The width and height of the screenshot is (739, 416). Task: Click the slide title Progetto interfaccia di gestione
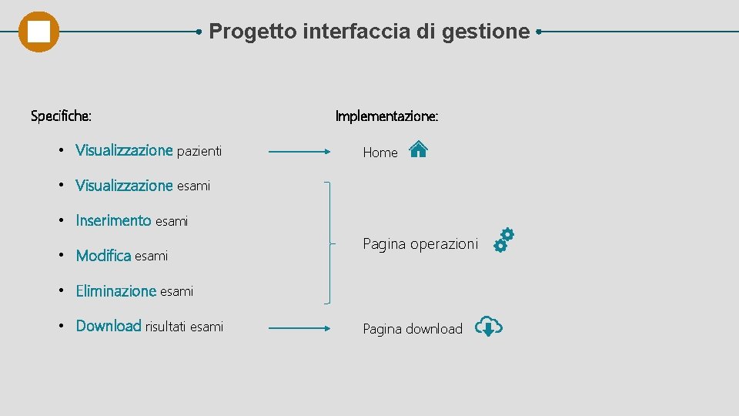tap(369, 32)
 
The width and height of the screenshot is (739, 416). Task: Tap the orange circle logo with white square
tap(38, 32)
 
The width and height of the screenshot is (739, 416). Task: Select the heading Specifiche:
tap(61, 116)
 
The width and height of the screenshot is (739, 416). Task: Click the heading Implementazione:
tap(386, 116)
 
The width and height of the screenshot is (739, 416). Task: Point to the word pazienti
tap(199, 151)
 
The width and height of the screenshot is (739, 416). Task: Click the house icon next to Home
tap(418, 149)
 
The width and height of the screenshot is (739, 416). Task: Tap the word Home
tap(380, 153)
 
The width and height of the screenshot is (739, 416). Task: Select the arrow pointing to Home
tap(299, 152)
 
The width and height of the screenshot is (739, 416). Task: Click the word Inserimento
tap(113, 221)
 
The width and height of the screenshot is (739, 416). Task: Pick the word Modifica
tap(103, 256)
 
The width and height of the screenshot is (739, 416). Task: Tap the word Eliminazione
tap(116, 291)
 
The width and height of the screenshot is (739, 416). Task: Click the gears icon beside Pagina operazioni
tap(503, 240)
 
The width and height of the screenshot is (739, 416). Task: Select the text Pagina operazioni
tap(420, 244)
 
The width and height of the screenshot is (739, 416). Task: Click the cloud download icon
tap(488, 327)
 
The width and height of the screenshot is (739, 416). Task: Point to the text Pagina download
tap(413, 329)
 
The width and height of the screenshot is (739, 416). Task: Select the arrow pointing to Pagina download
tap(299, 328)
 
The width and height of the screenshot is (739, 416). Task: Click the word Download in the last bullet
tap(109, 326)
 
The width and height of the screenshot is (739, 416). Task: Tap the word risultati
tap(166, 327)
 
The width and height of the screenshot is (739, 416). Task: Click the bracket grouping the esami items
tap(330, 243)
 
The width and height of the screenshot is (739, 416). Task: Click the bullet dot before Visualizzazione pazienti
tap(61, 150)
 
